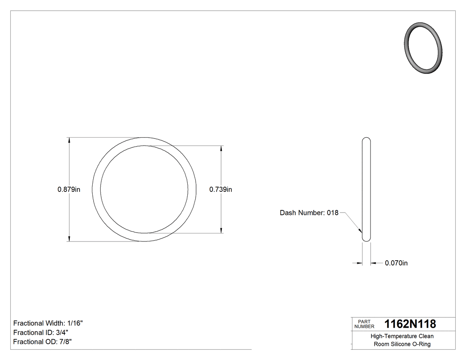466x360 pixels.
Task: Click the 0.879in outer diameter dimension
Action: [69, 190]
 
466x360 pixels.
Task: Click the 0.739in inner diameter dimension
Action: [221, 190]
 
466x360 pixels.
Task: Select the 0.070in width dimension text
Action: [396, 263]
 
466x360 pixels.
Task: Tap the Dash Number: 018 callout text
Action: [309, 213]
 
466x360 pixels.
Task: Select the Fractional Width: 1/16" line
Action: [48, 323]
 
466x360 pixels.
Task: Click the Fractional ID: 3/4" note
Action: [41, 332]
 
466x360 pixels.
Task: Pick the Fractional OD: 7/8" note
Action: [43, 342]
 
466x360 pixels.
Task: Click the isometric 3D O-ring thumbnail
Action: [423, 47]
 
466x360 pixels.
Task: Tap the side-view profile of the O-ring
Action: [366, 190]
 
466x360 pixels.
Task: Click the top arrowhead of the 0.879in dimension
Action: [69, 140]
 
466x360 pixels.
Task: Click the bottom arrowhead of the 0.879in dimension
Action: [69, 239]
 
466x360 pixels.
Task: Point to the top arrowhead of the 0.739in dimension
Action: [221, 149]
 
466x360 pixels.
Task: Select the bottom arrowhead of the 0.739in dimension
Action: [221, 230]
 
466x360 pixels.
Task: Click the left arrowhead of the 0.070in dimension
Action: [360, 263]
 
